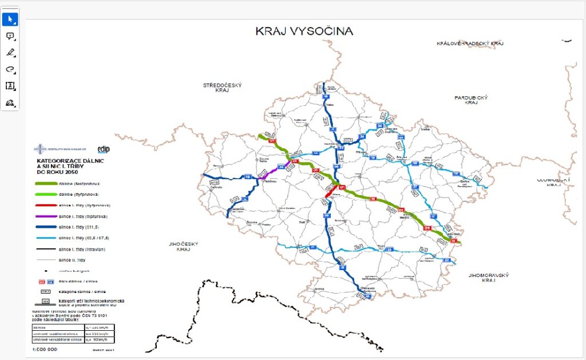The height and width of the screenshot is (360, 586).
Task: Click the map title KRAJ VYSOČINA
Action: click(304, 31)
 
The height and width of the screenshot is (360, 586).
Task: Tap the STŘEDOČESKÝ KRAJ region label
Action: click(223, 88)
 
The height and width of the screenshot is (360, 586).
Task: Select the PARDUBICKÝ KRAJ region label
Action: click(470, 100)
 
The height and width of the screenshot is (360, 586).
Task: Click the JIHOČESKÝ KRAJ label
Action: click(183, 247)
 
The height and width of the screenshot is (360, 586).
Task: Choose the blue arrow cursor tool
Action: click(10, 19)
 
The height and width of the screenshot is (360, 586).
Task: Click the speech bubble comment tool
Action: click(10, 36)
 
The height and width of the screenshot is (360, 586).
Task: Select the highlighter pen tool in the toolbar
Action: click(10, 53)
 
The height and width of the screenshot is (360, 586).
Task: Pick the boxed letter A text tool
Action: click(10, 86)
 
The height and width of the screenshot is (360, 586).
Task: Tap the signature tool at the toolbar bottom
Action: click(10, 102)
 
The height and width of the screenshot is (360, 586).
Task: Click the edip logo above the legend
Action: click(104, 149)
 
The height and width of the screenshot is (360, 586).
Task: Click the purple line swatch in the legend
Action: click(44, 217)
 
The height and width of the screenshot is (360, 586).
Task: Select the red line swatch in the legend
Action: click(44, 205)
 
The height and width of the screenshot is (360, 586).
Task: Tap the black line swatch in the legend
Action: click(44, 250)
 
